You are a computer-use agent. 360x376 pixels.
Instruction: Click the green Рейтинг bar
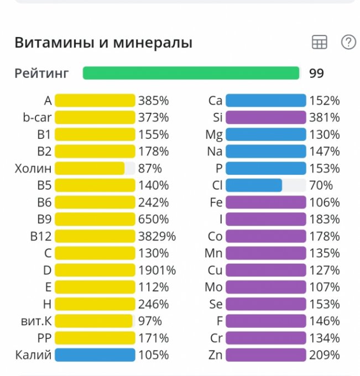(x=191, y=73)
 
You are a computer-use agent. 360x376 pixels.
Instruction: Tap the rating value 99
(x=316, y=73)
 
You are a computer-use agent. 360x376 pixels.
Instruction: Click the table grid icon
(x=320, y=42)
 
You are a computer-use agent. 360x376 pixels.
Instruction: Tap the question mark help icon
(x=348, y=42)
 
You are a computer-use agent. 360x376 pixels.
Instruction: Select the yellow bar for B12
(x=95, y=236)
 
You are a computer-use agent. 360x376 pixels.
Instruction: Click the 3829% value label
(x=157, y=236)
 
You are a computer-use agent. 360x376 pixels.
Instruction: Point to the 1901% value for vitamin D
(x=157, y=270)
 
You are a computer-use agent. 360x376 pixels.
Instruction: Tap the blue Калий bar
(x=95, y=355)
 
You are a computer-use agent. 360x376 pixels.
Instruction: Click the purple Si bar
(x=265, y=117)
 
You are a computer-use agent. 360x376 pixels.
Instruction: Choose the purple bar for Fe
(x=265, y=202)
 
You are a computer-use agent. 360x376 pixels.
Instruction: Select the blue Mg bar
(x=265, y=134)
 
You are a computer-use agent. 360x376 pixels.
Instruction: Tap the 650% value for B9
(x=154, y=219)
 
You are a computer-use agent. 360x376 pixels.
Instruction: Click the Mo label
(x=213, y=287)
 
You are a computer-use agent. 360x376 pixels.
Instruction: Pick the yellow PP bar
(x=95, y=338)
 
